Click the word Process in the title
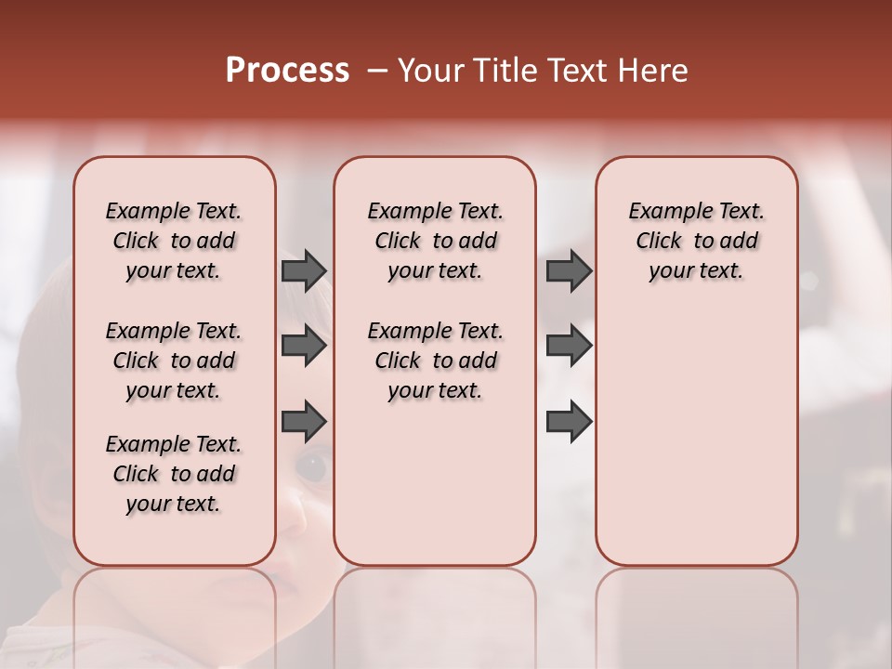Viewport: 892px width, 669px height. tap(287, 71)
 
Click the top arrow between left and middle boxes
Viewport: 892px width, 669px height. tap(304, 271)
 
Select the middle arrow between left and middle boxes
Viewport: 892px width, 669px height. tap(304, 347)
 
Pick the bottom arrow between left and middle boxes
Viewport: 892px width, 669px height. tap(304, 422)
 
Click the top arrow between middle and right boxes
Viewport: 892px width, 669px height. tap(569, 271)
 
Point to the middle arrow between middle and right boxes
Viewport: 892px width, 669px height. tap(569, 347)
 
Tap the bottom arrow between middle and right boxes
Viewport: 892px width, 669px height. tap(569, 422)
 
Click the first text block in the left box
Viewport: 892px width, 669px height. tap(174, 241)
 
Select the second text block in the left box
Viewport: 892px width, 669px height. tap(174, 361)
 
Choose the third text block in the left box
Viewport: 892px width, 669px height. tap(174, 474)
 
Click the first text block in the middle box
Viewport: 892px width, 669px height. tap(435, 241)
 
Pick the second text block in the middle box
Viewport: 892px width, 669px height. tap(435, 361)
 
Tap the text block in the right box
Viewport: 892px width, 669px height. tap(697, 241)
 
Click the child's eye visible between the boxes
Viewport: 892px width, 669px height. tap(312, 465)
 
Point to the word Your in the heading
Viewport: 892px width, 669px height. tap(428, 71)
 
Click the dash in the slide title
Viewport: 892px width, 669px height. tap(376, 71)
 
